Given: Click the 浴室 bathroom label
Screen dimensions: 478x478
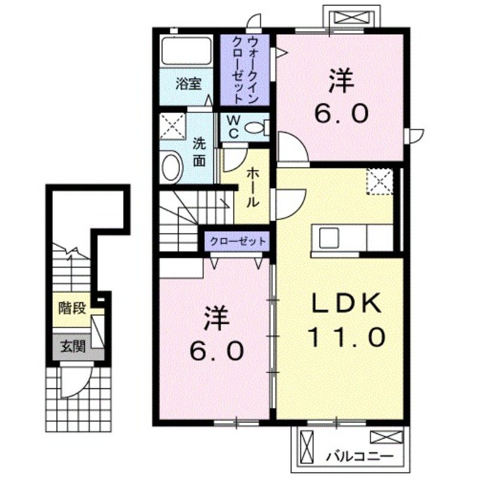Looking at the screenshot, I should (x=188, y=84).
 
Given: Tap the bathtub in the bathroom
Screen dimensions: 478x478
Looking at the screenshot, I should (x=188, y=53).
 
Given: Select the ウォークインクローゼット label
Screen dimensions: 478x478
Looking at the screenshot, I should (x=245, y=70).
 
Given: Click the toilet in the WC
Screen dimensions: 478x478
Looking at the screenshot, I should (x=256, y=127).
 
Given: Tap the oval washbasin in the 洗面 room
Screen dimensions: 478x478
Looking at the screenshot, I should (x=172, y=167).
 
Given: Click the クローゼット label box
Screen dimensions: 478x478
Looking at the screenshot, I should (x=237, y=242).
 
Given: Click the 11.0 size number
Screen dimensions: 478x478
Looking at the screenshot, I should (x=345, y=338).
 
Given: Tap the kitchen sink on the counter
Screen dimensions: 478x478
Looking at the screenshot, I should (x=328, y=238).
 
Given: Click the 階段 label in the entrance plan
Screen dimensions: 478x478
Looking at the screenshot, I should (x=73, y=309).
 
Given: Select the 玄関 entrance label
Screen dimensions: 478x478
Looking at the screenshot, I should (x=72, y=347).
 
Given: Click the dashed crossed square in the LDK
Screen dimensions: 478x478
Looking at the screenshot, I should (x=378, y=181).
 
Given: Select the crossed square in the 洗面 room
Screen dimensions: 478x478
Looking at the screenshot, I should (x=173, y=126).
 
